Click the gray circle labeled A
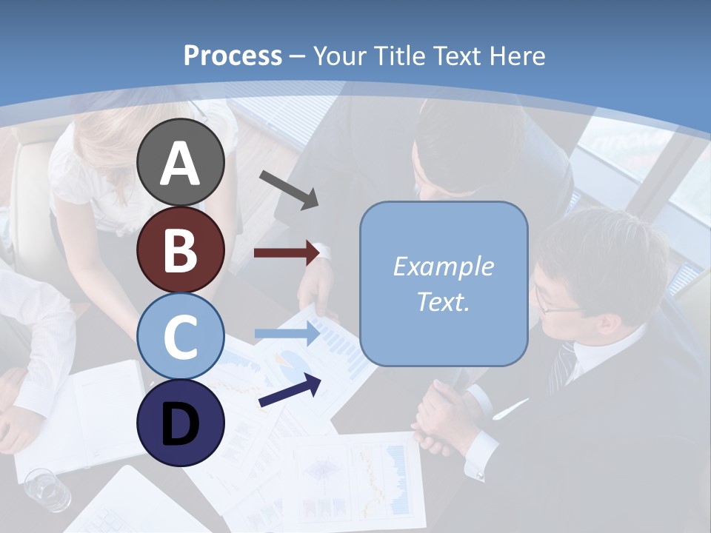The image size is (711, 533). [180, 163]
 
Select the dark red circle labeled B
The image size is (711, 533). [180, 249]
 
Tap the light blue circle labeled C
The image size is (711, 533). [180, 336]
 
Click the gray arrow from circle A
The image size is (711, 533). [289, 189]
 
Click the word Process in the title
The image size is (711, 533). [233, 56]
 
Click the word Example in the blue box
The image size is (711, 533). [443, 266]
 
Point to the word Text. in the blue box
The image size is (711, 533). [443, 301]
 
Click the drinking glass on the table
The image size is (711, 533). [47, 489]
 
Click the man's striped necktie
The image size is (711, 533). [564, 366]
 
